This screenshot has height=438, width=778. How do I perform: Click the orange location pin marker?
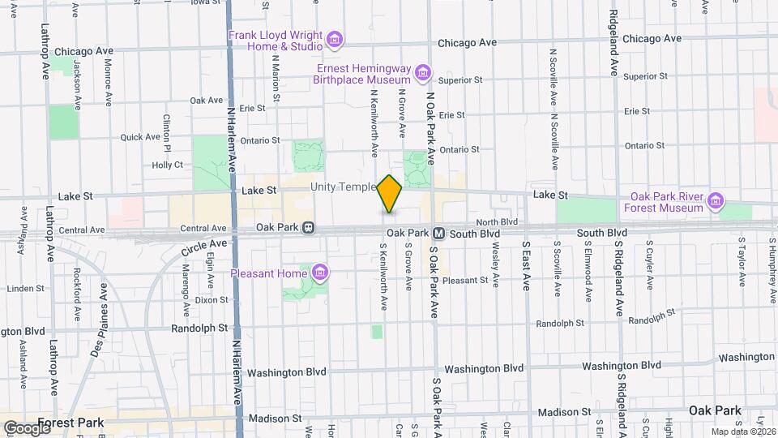click(390, 193)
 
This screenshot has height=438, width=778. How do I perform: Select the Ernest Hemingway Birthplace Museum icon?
click(421, 75)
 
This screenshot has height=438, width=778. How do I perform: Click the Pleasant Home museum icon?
click(320, 273)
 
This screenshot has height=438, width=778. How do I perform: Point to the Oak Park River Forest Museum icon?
click(715, 201)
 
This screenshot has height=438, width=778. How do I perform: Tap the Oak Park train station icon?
click(309, 229)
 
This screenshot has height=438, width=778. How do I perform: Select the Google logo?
click(27, 427)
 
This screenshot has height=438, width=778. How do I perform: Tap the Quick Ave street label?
click(141, 137)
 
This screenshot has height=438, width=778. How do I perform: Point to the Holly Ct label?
click(169, 164)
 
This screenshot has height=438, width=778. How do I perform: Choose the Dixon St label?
click(212, 299)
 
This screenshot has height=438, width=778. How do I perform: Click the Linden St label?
click(24, 289)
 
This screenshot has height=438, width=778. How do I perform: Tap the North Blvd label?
click(497, 221)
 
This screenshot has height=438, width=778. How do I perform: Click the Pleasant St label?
click(465, 281)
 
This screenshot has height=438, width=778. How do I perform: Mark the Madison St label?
click(276, 419)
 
